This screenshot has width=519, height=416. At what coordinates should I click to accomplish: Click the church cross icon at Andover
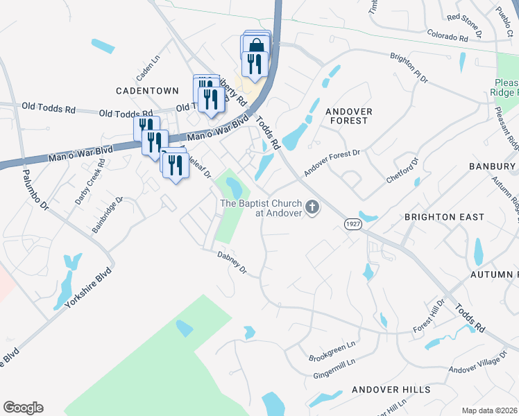tap(312, 207)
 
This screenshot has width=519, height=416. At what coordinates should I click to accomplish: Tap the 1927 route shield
tap(352, 223)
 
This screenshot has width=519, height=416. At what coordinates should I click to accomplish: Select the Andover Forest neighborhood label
tap(348, 116)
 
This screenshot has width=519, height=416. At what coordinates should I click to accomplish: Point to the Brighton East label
tap(445, 217)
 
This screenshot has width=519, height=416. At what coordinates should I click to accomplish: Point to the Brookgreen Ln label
tap(332, 351)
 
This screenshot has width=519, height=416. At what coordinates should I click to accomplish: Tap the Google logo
tap(23, 408)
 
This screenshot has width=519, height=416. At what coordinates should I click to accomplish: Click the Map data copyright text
tap(489, 410)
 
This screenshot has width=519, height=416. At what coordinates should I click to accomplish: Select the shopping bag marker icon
tap(257, 46)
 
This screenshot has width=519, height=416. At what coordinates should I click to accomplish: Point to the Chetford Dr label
tap(403, 170)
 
